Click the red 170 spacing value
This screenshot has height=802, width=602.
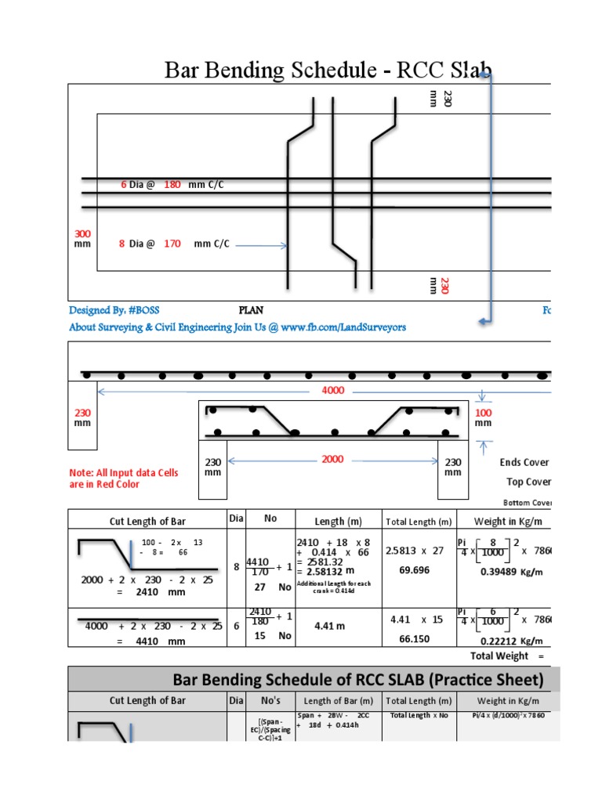(172, 244)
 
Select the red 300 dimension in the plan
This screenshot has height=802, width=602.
(82, 233)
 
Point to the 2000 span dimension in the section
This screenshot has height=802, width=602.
(332, 459)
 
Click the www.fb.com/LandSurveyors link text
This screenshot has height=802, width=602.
(344, 327)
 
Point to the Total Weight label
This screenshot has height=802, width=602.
(499, 656)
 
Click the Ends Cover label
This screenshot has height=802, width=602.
(524, 462)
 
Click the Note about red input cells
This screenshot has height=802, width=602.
(124, 479)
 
